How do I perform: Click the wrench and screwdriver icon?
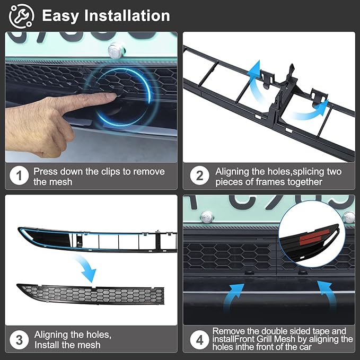(x=22, y=16)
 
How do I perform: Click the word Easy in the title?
(x=60, y=16)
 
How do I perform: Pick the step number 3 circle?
(x=20, y=340)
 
